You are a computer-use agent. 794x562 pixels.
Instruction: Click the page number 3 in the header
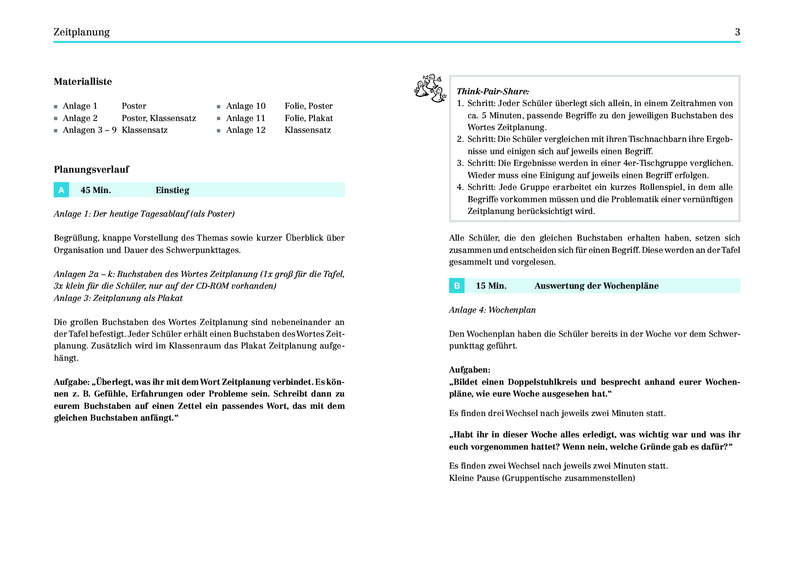point(737,32)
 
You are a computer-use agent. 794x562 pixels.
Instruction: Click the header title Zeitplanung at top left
point(81,32)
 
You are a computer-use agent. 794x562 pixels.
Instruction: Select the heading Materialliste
point(83,82)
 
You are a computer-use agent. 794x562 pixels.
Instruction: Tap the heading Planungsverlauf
point(91,170)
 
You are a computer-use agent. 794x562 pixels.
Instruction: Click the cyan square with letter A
point(61,190)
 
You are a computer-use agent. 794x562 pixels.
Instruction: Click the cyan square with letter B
point(457,286)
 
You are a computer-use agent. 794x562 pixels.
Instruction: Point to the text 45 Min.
point(96,190)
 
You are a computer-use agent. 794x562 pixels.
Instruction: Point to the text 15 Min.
point(491,286)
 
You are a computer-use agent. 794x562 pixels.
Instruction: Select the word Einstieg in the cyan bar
point(172,190)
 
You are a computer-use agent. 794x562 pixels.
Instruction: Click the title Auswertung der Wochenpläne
point(596,286)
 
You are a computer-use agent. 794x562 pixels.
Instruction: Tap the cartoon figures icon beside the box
point(430,88)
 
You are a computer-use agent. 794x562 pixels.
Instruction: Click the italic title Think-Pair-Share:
point(493,91)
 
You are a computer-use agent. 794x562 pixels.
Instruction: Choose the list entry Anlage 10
point(246,106)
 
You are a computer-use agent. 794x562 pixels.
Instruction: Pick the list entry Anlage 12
point(246,130)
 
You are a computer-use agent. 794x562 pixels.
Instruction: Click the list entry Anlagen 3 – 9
point(90,130)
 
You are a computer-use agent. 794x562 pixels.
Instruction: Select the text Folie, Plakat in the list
point(309,118)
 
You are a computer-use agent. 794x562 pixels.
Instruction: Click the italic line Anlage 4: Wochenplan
point(492,310)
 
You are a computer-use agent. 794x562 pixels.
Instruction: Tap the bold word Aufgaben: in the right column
point(469,370)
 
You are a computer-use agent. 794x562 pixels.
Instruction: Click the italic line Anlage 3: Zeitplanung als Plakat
point(118,298)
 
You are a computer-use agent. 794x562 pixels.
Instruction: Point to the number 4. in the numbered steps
point(460,187)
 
